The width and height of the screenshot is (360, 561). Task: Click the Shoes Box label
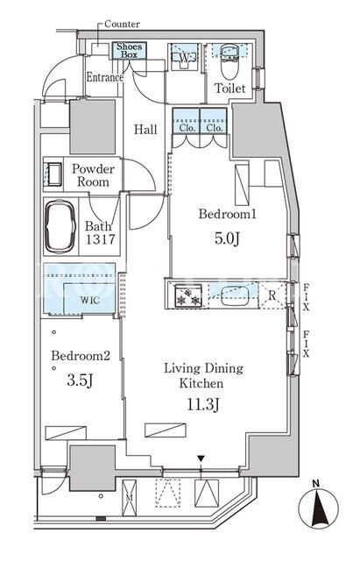129,51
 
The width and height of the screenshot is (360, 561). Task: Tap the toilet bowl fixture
229,61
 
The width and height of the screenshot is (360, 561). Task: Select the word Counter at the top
122,24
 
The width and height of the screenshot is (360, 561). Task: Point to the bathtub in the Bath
60,226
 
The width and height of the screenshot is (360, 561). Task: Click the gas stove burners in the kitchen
188,295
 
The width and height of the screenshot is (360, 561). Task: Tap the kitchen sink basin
235,296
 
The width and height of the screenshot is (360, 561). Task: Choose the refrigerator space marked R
272,295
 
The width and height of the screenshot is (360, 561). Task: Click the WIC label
89,300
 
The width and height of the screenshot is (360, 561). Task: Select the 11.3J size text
203,405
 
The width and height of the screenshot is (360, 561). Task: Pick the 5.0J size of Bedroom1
227,238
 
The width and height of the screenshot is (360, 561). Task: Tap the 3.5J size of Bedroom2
80,380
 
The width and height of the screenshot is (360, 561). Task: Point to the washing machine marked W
184,57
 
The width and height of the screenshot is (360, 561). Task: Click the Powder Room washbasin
53,174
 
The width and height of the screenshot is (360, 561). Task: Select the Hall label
145,129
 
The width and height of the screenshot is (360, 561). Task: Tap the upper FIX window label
306,297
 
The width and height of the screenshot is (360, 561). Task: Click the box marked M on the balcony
129,498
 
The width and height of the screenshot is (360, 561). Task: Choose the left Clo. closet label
186,128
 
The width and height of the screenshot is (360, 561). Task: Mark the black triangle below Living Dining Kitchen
201,458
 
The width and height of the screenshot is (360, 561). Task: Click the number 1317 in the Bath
101,238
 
